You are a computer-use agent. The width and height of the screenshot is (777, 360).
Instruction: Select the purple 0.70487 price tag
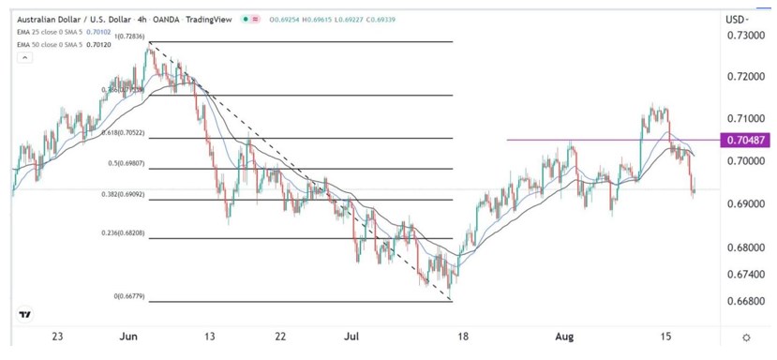745,141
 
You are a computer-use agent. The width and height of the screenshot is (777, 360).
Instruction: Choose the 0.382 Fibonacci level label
120,195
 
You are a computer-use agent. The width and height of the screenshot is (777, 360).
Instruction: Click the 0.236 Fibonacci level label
122,233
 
